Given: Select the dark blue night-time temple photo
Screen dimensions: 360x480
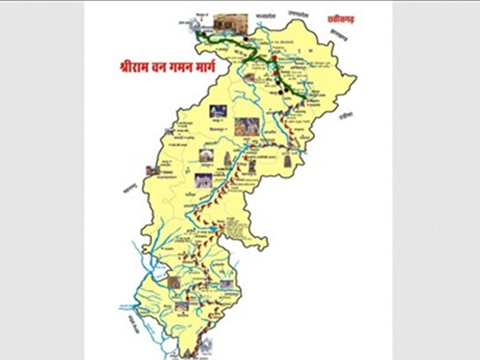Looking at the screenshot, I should click(x=219, y=111).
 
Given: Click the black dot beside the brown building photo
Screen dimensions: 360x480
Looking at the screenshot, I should click(x=245, y=38).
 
